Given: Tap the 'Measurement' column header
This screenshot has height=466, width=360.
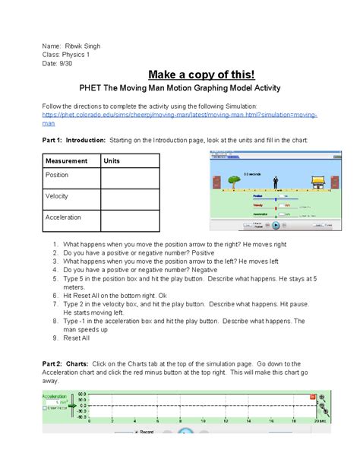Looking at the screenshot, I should (66, 161).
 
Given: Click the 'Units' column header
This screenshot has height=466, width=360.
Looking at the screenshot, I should (112, 161).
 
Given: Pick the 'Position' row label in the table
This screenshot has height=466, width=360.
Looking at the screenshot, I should (58, 175).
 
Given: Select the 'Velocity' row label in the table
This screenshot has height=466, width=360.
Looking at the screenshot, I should (57, 196).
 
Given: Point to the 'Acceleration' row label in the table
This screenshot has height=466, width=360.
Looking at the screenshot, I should (63, 217).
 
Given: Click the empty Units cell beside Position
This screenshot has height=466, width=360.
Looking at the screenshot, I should (129, 178).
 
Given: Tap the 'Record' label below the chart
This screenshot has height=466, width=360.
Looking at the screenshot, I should (146, 432).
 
